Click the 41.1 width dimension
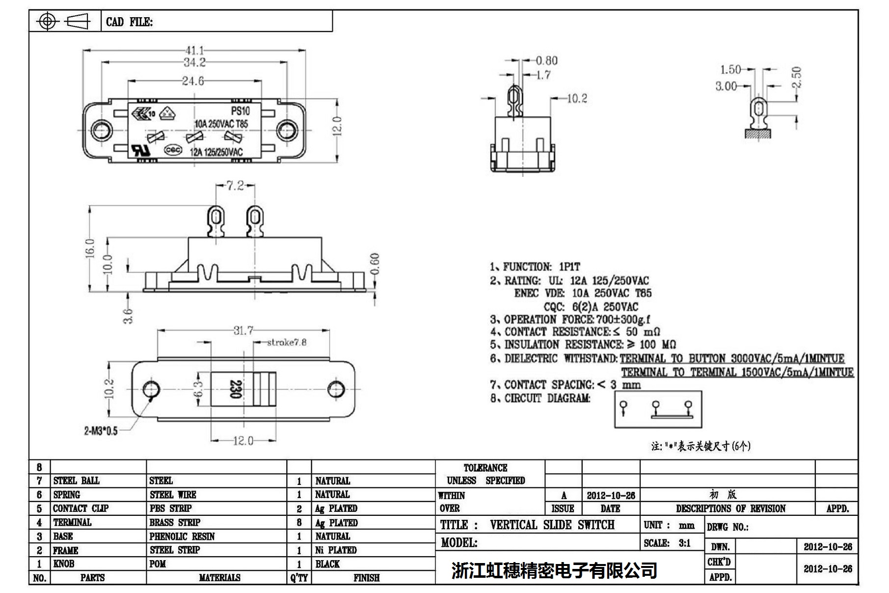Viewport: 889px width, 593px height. click(x=194, y=51)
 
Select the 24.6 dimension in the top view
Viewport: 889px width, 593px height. click(x=193, y=81)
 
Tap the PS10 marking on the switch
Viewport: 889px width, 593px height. click(x=240, y=111)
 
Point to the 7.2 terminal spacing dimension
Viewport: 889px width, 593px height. click(x=235, y=186)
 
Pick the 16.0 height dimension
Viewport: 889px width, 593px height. click(x=90, y=249)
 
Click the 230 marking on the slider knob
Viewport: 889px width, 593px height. click(x=235, y=389)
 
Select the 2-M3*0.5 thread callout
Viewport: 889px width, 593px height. click(x=101, y=431)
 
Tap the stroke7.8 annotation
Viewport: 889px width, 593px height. click(x=287, y=342)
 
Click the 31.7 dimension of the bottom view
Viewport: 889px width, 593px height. click(x=243, y=330)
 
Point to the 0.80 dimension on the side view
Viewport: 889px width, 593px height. click(x=546, y=60)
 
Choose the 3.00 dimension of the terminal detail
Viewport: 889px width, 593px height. click(x=726, y=86)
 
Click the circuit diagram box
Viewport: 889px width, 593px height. click(x=658, y=409)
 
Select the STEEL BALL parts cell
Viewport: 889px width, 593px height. click(x=77, y=480)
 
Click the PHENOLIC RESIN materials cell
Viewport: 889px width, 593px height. click(x=182, y=536)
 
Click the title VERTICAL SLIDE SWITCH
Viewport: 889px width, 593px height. click(x=552, y=525)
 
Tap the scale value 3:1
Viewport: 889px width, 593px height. click(x=684, y=543)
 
